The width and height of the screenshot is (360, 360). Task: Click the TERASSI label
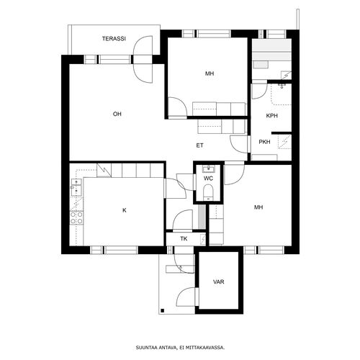coord(114,39)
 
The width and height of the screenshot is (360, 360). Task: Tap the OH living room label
coord(117,114)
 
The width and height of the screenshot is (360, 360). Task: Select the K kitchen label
coord(125,210)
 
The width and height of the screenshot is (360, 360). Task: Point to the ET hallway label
coord(200,145)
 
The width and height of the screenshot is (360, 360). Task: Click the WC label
coord(208,179)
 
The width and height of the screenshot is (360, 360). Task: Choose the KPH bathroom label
coord(272,116)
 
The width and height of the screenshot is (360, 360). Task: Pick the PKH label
coord(264,142)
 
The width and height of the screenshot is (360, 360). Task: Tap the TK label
coord(184,239)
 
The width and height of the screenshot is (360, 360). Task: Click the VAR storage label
coord(219,282)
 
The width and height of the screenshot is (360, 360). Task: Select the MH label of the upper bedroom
coord(210,73)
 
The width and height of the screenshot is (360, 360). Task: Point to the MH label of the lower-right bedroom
coord(258,207)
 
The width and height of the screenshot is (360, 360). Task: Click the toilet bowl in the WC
coord(208,192)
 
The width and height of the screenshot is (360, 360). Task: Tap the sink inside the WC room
coord(208,169)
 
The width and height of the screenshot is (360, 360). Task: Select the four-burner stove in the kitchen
coord(76,217)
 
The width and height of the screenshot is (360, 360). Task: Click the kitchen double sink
coord(76,187)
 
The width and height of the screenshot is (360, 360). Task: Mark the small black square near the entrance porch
coord(163,310)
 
